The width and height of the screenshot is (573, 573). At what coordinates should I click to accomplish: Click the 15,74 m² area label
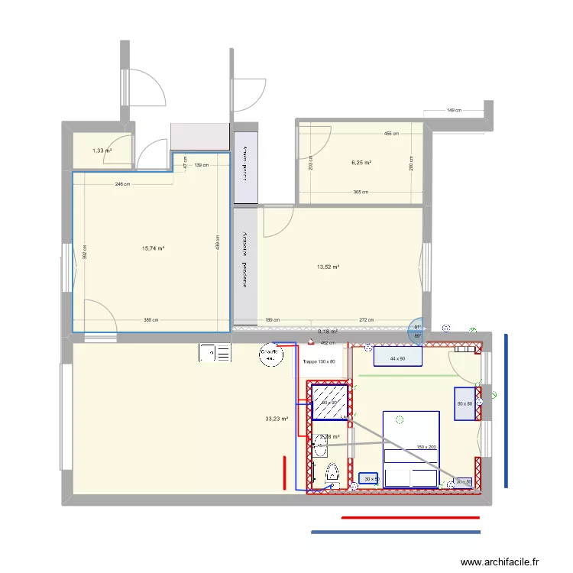154,248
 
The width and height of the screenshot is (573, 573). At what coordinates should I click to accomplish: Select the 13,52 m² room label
328,267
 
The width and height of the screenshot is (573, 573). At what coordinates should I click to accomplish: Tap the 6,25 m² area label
361,163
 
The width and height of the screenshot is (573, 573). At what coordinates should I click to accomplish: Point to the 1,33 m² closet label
102,151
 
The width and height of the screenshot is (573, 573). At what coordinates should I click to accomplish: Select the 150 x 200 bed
410,448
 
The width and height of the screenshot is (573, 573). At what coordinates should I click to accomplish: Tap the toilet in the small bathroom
332,472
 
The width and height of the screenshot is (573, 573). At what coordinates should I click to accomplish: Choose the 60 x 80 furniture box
465,403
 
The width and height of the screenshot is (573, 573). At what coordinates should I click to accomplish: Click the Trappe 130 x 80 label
319,361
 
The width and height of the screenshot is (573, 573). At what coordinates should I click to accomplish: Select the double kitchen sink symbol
215,353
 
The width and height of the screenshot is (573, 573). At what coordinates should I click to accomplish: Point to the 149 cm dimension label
455,111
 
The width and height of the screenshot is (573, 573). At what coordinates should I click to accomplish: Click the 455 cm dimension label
391,134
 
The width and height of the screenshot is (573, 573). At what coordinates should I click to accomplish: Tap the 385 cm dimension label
151,320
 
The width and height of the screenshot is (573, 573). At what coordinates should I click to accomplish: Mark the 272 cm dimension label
366,320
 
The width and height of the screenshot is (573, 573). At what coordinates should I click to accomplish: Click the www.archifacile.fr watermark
500,562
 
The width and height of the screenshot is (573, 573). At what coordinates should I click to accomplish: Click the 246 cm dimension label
122,184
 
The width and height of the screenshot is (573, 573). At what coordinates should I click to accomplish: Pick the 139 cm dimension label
201,165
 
